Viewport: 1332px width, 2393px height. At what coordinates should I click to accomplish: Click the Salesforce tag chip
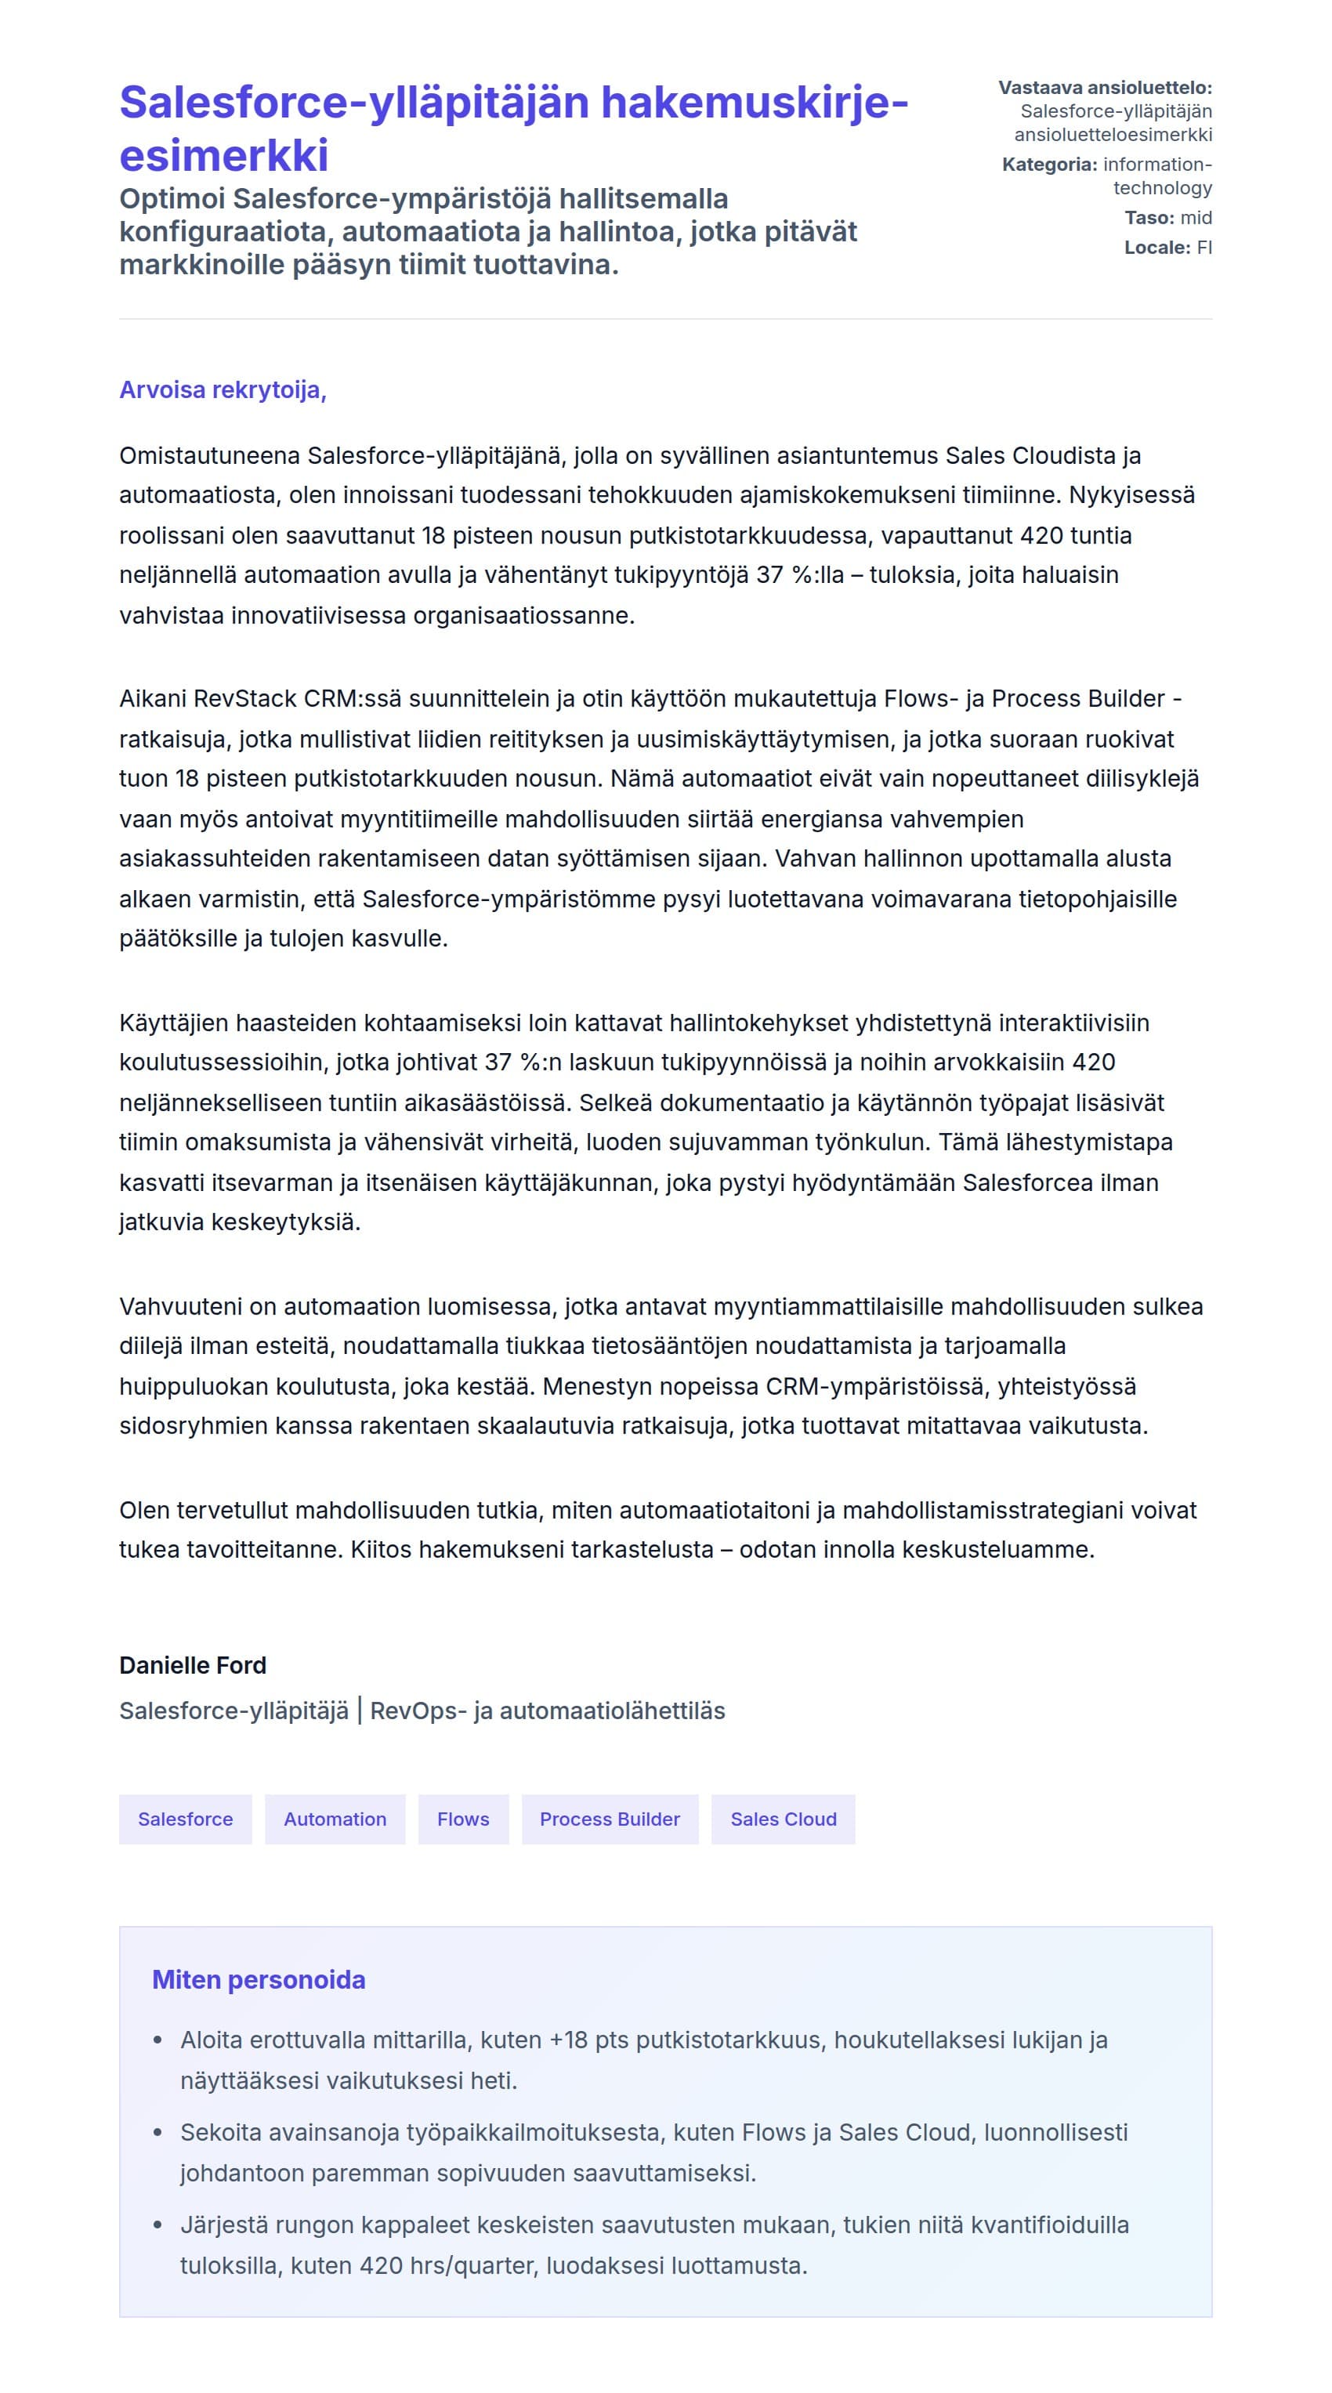pos(185,1819)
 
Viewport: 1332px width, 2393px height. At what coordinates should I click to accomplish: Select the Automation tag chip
pos(335,1819)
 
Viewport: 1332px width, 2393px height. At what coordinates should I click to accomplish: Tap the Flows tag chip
pos(462,1819)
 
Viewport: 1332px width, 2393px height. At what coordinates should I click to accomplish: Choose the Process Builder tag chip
pos(610,1819)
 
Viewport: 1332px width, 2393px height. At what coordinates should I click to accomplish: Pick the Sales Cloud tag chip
pos(783,1819)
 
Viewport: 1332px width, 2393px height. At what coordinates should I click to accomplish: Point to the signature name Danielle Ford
pos(192,1665)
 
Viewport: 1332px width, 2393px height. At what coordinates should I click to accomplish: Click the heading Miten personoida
pos(259,1979)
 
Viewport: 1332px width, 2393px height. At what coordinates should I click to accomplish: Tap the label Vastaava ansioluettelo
pos(1105,89)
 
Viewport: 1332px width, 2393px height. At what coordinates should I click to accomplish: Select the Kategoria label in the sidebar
pos(1048,165)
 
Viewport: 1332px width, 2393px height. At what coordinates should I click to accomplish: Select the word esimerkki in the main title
pos(224,155)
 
